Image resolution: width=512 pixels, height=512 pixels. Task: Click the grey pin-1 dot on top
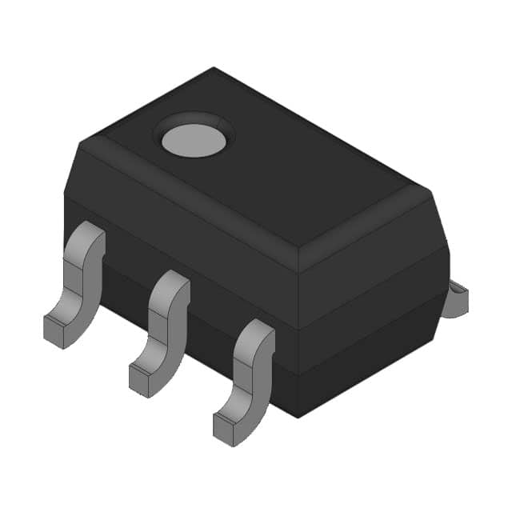pyautogui.click(x=193, y=140)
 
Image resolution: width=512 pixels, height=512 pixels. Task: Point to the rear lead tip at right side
pyautogui.click(x=458, y=297)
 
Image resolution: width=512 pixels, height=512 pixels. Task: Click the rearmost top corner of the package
pyautogui.click(x=214, y=69)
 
